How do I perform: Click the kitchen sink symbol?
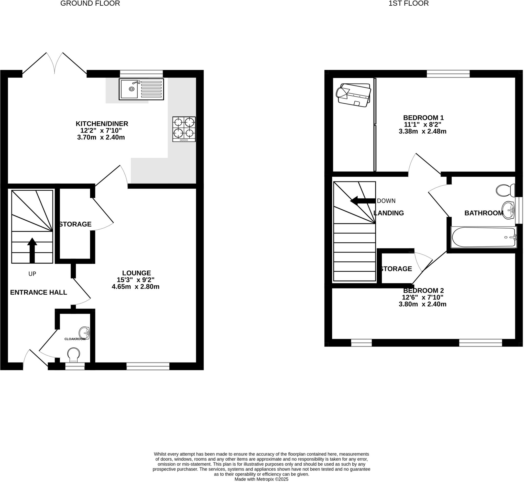click(141, 89)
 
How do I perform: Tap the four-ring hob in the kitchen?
click(184, 129)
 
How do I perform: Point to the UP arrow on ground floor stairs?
click(32, 250)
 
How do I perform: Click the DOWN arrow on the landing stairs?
click(363, 201)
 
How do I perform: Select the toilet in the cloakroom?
click(73, 355)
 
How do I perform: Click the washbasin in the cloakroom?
click(84, 333)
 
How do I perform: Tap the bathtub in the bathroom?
click(484, 237)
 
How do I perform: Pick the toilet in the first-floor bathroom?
click(505, 190)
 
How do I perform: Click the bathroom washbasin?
click(508, 210)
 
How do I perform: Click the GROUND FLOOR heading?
click(90, 3)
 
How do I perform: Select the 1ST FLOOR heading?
click(409, 3)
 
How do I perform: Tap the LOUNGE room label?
click(137, 273)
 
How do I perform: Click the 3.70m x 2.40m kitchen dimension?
click(101, 137)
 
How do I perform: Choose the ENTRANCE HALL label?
click(39, 292)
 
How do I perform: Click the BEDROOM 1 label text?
click(423, 118)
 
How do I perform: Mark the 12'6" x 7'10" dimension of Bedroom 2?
click(423, 297)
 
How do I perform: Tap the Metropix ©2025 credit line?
click(261, 479)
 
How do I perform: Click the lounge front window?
click(148, 366)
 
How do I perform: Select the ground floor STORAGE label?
click(75, 224)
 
